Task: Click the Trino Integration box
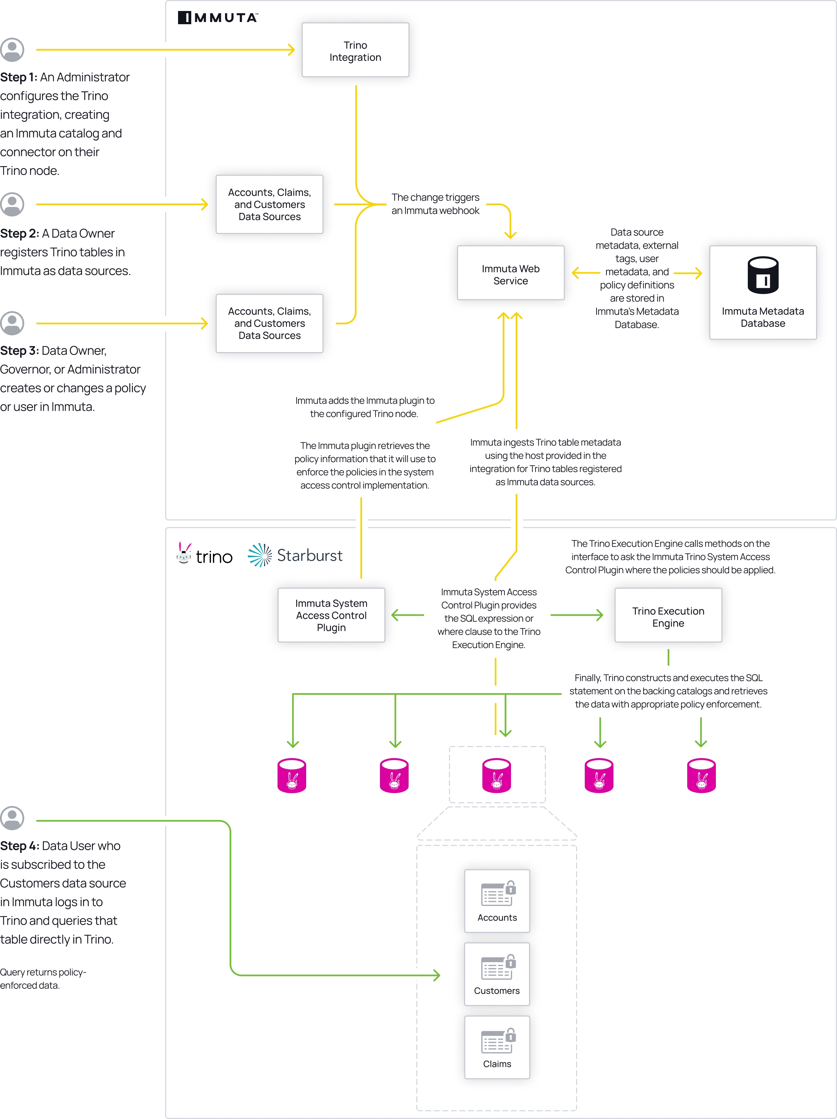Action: (x=355, y=50)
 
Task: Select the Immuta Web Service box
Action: (x=510, y=273)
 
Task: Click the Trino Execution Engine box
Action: (x=667, y=615)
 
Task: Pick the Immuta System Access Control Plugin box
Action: (x=331, y=615)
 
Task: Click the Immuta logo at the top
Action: (x=218, y=18)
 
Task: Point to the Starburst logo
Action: (x=295, y=555)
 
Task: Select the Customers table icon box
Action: (x=497, y=974)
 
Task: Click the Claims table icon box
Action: (x=497, y=1047)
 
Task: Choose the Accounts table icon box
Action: (x=497, y=901)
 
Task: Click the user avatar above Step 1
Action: (x=12, y=50)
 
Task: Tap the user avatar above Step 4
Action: (x=12, y=818)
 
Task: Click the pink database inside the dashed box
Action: (x=496, y=775)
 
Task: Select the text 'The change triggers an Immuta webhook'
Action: (x=435, y=204)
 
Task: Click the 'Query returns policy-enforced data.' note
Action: (x=43, y=979)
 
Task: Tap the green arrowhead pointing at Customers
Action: (x=436, y=975)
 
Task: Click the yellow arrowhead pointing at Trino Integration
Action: (x=291, y=50)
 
